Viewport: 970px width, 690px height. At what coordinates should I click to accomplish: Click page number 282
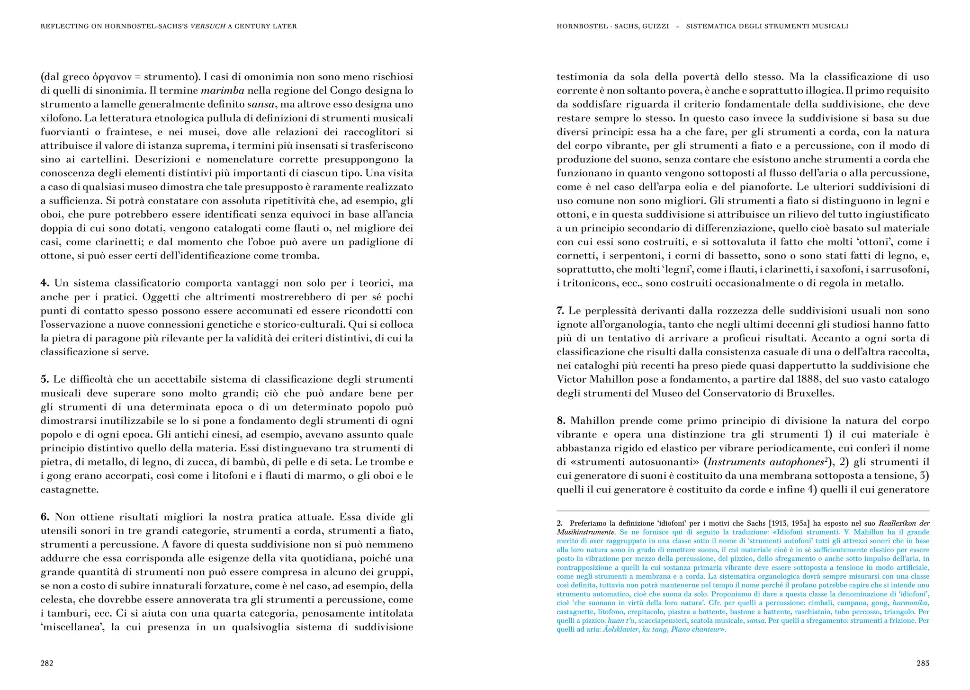pos(47,663)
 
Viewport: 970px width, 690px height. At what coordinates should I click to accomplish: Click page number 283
pos(923,663)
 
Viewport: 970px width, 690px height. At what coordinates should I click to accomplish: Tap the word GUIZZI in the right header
pos(656,26)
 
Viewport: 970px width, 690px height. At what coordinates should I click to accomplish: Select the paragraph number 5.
pos(45,379)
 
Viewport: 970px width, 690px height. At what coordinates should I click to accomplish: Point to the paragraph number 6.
pos(45,517)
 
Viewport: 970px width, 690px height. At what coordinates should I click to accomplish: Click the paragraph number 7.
pos(560,311)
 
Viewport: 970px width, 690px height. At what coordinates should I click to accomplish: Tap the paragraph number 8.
pos(561,421)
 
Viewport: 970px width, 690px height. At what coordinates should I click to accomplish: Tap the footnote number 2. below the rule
pos(559,523)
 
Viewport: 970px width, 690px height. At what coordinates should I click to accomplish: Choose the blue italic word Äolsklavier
pos(621,629)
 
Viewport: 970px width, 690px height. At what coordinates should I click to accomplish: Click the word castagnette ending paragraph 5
pos(69,489)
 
